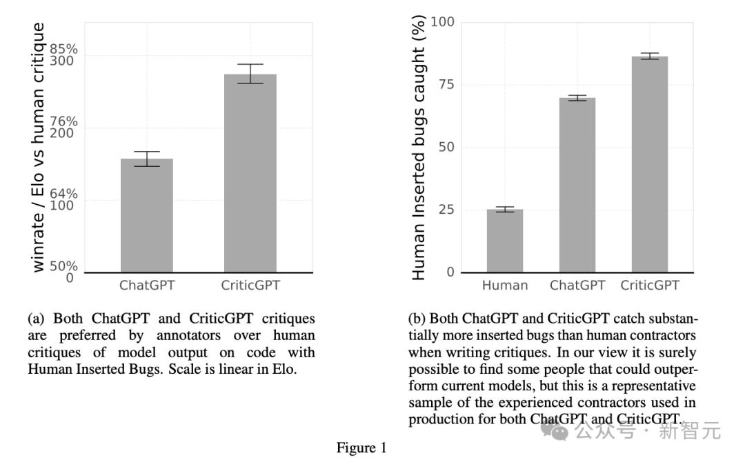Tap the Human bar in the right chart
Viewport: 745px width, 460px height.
505,241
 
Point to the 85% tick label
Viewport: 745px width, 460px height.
63,50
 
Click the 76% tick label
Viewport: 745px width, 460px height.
63,122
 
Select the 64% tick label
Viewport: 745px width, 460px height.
63,194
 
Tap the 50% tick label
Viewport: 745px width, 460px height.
63,266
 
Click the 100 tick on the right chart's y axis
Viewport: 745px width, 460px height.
442,22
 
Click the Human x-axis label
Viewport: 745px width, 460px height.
505,286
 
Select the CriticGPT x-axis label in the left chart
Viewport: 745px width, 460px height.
250,286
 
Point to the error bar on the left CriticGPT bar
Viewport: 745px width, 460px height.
250,73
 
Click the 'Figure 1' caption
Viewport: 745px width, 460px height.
361,448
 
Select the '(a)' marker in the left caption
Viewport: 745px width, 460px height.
37,319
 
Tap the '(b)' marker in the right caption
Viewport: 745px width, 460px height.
418,319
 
